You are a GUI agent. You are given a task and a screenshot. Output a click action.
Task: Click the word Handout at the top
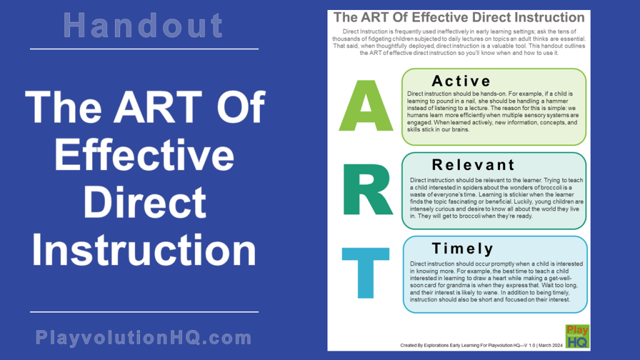click(144, 26)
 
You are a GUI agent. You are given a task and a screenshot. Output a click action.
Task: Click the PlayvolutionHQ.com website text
click(144, 338)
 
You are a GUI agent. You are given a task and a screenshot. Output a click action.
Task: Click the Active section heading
click(461, 81)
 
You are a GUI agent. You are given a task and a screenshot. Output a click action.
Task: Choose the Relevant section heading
click(473, 165)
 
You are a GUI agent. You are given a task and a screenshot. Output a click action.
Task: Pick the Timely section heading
click(462, 248)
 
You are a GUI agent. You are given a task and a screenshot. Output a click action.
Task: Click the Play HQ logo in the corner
click(577, 336)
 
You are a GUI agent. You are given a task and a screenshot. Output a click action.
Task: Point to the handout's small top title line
click(459, 17)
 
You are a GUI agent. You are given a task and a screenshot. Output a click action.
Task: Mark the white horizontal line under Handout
click(144, 49)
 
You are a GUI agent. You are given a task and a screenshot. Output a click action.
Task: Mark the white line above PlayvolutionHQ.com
click(144, 311)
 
